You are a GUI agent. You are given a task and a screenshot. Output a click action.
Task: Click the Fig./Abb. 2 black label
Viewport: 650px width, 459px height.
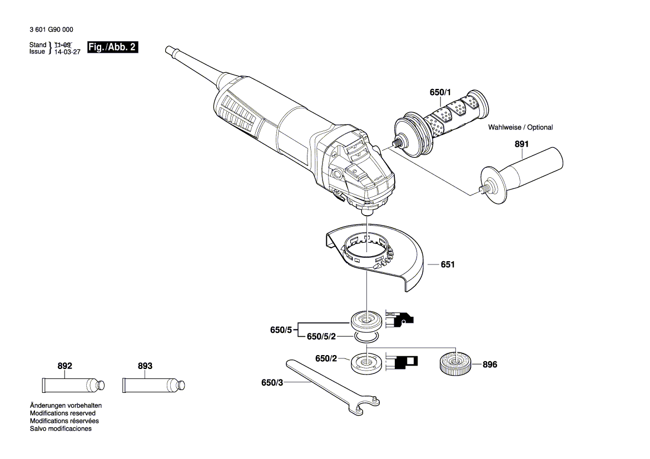112,47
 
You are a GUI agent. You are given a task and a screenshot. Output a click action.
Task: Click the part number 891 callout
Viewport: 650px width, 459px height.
521,144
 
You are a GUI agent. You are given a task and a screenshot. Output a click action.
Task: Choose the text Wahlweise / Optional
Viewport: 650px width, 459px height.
520,127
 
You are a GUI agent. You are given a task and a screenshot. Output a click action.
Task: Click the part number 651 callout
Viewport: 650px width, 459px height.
448,265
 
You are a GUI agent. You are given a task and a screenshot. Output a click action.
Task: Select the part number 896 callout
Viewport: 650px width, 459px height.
489,365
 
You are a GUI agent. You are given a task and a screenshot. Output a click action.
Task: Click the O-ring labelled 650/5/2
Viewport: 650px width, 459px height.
366,337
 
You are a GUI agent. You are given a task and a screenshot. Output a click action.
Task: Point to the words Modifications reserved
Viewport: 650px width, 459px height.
62,413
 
